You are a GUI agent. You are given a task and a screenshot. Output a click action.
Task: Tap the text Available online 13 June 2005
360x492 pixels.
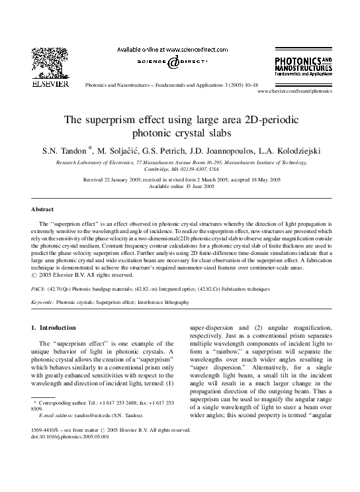pyautogui.click(x=180, y=186)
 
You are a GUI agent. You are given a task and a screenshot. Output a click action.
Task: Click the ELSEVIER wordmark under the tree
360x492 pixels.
pyautogui.click(x=46, y=85)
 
